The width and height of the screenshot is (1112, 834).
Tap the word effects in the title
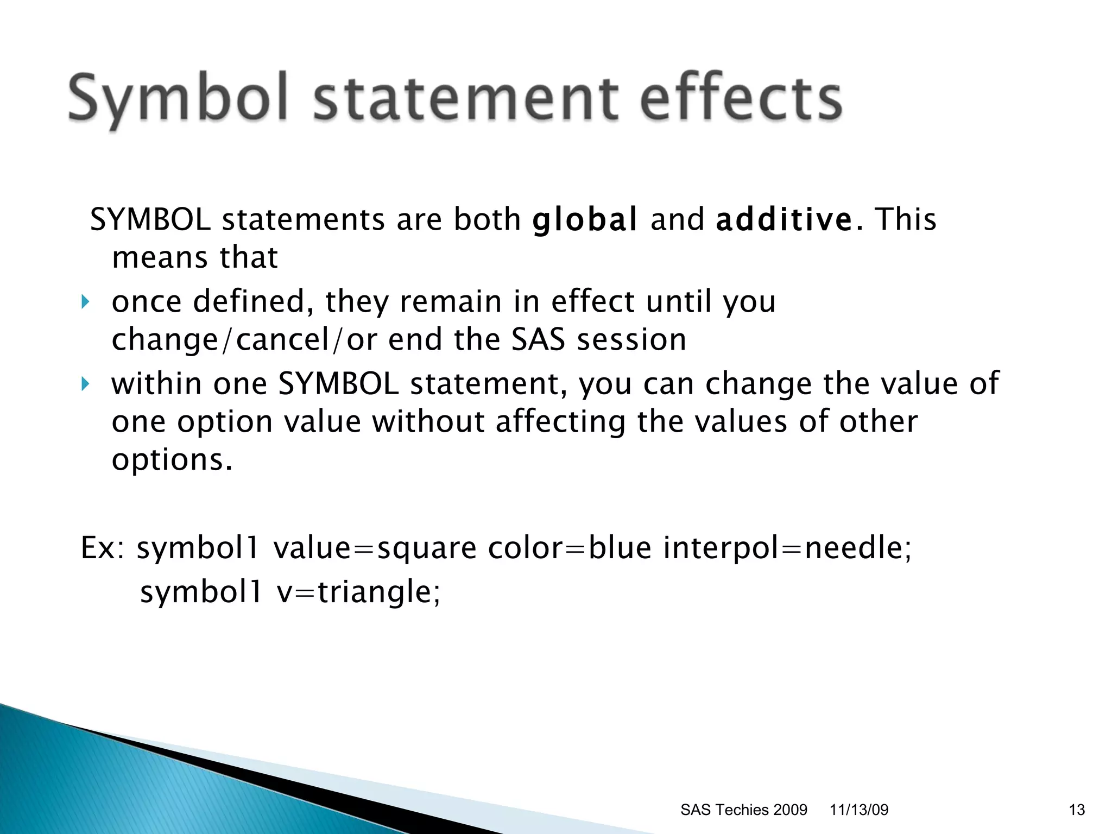(x=741, y=98)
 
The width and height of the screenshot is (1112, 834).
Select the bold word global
(x=584, y=220)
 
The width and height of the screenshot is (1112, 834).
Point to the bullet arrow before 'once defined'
(x=85, y=302)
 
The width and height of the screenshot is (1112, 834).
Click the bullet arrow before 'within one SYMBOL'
(x=85, y=384)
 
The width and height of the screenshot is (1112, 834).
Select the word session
(x=631, y=340)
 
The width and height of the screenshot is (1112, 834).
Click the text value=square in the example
(x=375, y=547)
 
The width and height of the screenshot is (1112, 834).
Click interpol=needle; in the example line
(x=787, y=547)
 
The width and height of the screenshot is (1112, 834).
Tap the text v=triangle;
(x=358, y=591)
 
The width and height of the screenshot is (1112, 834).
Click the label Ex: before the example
(x=102, y=547)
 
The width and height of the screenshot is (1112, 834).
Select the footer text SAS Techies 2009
(x=743, y=810)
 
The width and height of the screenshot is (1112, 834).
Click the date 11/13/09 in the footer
(x=858, y=810)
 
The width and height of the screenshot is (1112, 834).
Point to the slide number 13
(x=1076, y=810)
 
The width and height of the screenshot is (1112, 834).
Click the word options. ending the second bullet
(x=172, y=460)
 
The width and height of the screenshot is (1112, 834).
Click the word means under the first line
(x=160, y=258)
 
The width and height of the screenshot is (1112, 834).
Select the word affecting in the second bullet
(x=560, y=422)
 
